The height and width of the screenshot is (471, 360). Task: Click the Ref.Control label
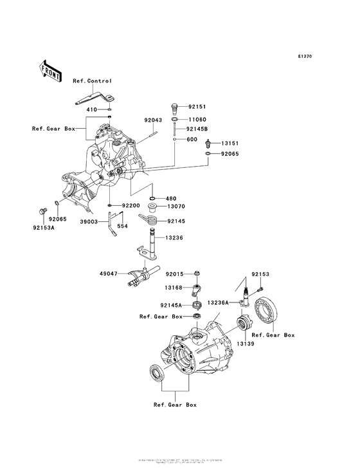click(x=92, y=81)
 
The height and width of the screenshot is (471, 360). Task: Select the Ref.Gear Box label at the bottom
click(x=175, y=405)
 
